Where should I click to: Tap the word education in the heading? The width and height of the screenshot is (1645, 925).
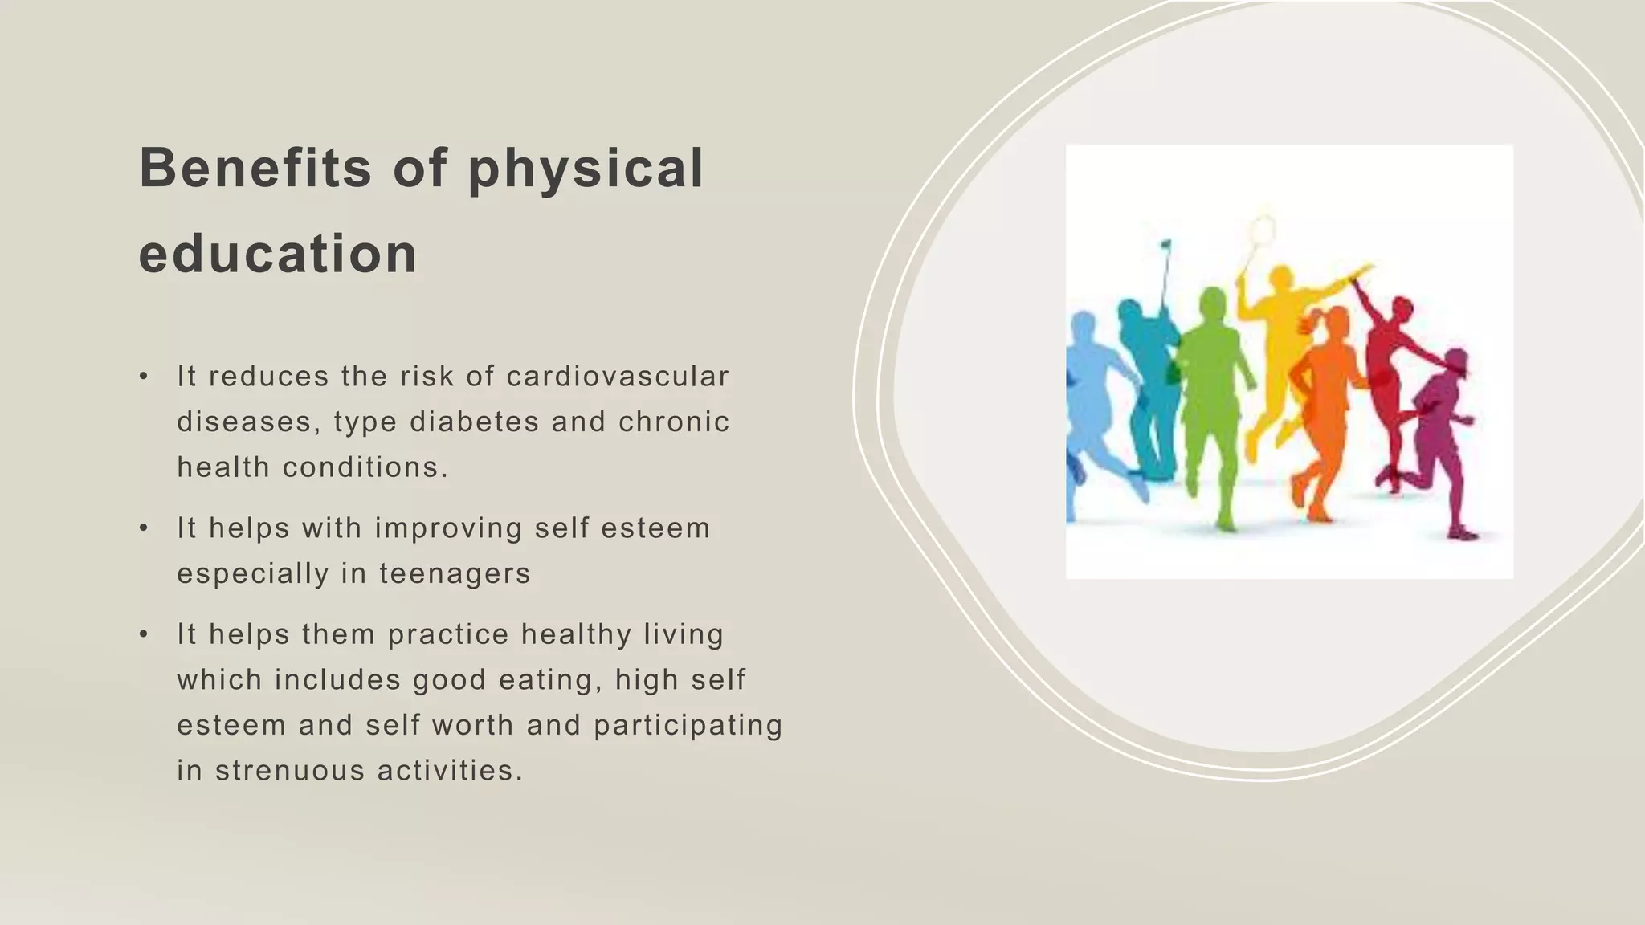(278, 254)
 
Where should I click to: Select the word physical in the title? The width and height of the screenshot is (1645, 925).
(586, 169)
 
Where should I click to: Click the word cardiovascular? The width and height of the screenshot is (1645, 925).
(617, 376)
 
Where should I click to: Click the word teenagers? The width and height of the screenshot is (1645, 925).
(455, 573)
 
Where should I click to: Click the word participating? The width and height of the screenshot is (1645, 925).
(688, 725)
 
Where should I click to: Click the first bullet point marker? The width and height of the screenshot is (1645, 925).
(144, 376)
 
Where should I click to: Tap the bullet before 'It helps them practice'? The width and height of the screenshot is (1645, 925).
(144, 634)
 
